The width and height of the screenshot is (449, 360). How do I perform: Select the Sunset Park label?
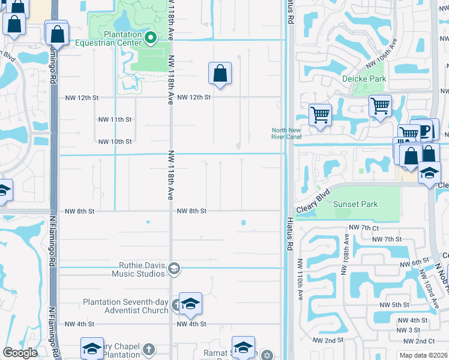pyautogui.click(x=355, y=204)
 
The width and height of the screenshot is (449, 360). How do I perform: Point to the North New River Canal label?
pyautogui.click(x=286, y=133)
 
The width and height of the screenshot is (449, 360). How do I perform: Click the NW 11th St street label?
pyautogui.click(x=115, y=119)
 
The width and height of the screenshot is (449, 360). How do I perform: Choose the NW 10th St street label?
pyautogui.click(x=115, y=142)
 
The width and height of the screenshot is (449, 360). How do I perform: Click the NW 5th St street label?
pyautogui.click(x=394, y=305)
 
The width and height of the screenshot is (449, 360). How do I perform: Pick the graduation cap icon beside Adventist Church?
pyautogui.click(x=191, y=304)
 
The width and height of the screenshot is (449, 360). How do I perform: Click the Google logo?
pyautogui.click(x=20, y=353)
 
